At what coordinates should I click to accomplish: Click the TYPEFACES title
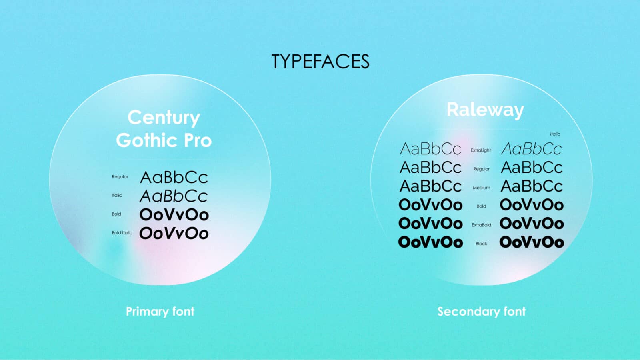320,62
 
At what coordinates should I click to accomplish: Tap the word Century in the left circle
164,118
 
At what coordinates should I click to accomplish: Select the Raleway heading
485,110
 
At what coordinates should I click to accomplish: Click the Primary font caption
160,311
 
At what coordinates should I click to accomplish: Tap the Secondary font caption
481,311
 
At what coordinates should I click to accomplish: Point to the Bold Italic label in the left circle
122,232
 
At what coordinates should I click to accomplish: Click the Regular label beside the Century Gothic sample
120,176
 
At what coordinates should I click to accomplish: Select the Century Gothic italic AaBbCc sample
174,196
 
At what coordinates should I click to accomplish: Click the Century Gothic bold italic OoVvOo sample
174,233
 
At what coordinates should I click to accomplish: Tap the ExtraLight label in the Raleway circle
480,150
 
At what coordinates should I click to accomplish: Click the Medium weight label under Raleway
481,188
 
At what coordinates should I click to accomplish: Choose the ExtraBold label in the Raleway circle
481,225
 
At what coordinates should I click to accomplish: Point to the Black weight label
481,244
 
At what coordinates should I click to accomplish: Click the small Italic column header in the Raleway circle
555,134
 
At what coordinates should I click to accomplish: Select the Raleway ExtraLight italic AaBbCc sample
531,149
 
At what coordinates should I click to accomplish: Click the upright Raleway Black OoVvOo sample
430,242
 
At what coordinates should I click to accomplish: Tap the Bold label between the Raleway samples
481,206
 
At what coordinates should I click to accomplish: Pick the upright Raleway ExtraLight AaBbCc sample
430,149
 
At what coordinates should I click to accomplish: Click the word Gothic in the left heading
146,140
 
